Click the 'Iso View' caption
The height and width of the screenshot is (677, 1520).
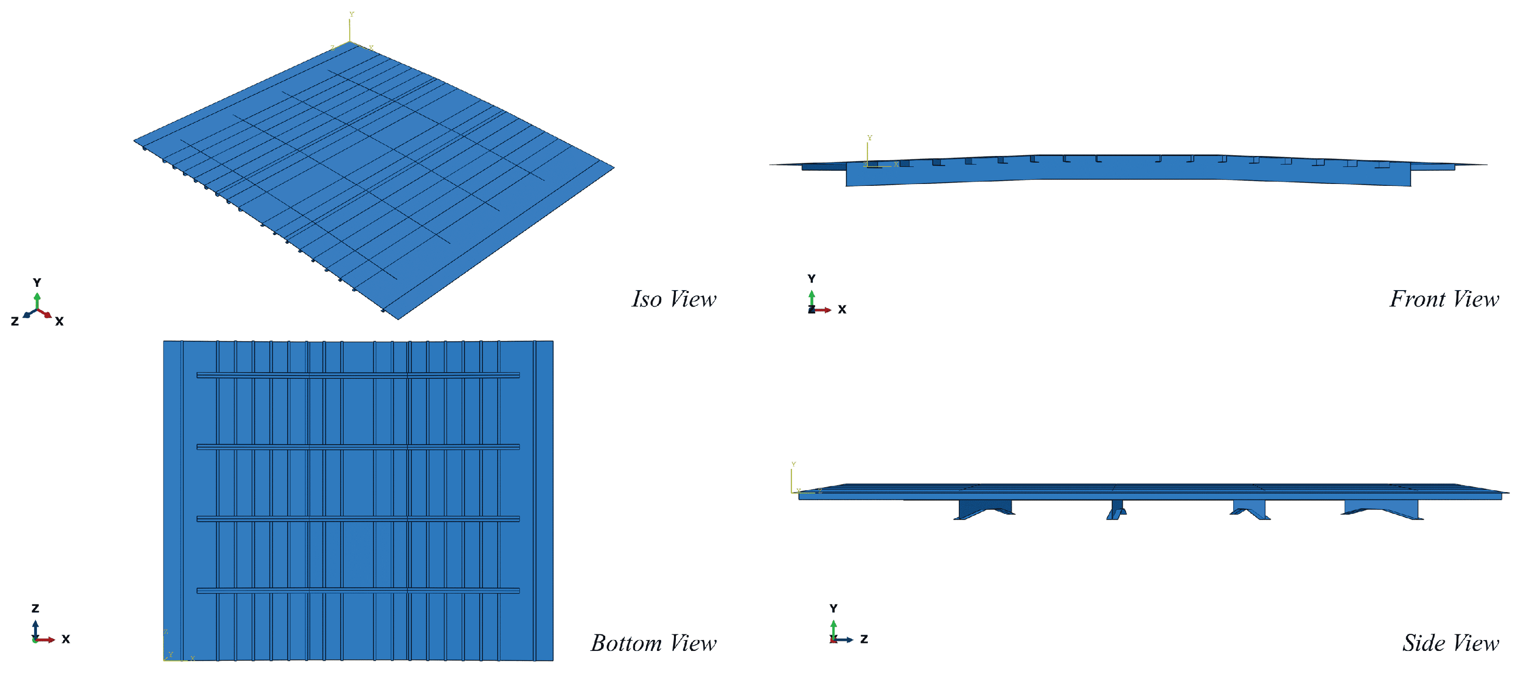[x=674, y=299]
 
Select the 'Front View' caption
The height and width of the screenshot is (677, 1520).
[x=1444, y=299]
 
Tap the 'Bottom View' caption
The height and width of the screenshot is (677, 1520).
[x=654, y=643]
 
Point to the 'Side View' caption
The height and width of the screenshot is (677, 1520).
[x=1450, y=643]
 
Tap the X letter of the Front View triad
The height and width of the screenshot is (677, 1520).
[x=842, y=309]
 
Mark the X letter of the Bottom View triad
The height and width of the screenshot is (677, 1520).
[x=65, y=639]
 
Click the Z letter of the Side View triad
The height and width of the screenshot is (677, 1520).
[x=864, y=639]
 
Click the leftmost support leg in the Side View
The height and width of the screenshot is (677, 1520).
[x=984, y=509]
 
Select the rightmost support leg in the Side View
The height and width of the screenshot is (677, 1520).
[x=1381, y=509]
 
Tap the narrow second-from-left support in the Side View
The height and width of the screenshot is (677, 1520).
[x=1116, y=509]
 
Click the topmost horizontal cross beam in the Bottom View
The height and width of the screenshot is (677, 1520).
[x=358, y=375]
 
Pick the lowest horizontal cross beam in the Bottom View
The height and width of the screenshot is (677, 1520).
[x=358, y=590]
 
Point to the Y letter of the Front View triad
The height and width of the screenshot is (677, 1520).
[x=811, y=279]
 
